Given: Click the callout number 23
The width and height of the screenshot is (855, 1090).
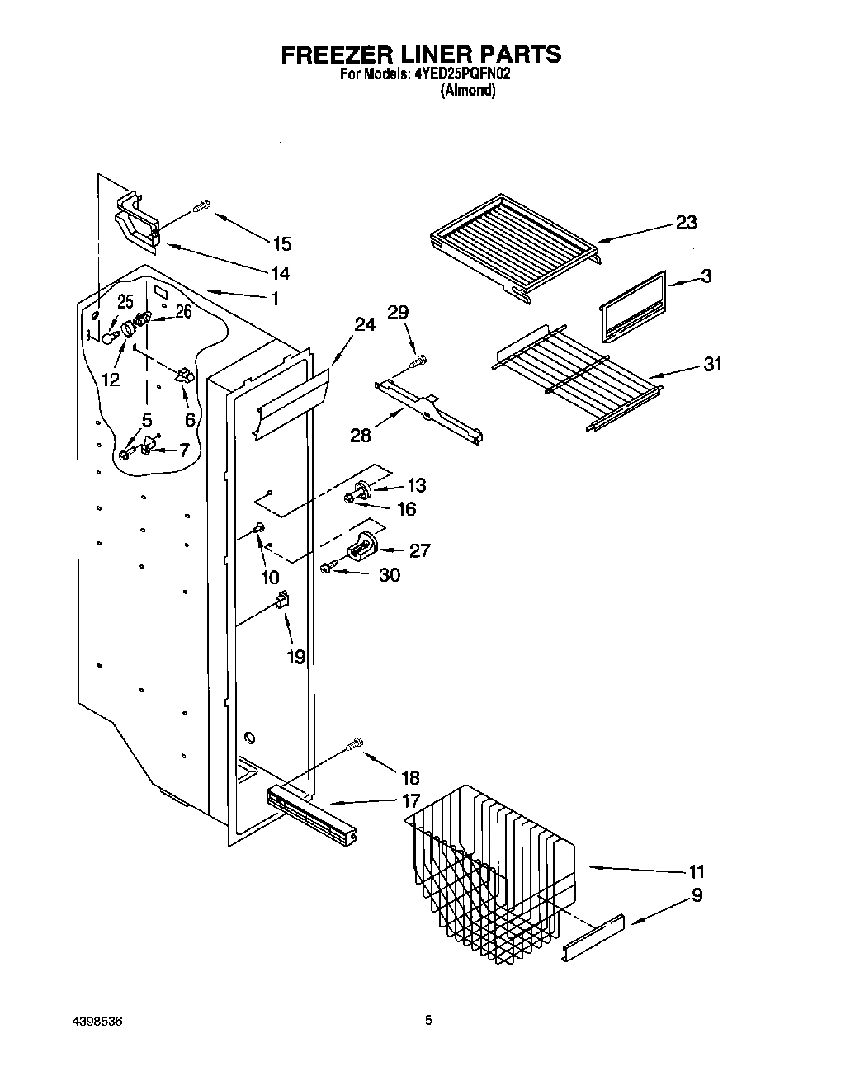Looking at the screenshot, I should [x=686, y=223].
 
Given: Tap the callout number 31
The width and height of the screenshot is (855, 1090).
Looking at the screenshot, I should [x=711, y=363].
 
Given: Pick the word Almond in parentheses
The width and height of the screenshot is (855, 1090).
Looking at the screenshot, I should [x=468, y=91].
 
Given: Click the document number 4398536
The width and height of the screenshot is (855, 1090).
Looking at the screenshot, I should [x=96, y=1020].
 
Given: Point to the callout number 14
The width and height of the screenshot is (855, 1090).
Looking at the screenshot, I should [x=280, y=273].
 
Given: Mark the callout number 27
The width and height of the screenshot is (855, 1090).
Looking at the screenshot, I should [x=419, y=550].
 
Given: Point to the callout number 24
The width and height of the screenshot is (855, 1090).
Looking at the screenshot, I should [x=364, y=325].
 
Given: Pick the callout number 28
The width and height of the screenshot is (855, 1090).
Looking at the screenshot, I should [x=361, y=434].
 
